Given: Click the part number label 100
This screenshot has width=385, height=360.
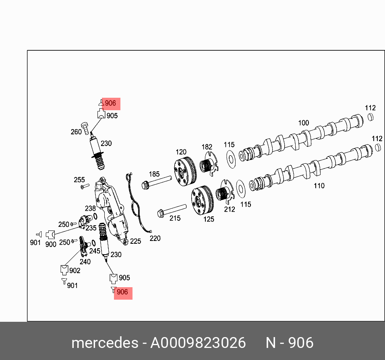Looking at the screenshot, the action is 303,123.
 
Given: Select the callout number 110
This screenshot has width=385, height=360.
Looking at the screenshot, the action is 319,186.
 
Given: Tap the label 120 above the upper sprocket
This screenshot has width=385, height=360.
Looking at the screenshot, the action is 181,152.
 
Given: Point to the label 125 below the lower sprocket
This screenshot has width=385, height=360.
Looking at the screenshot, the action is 209,219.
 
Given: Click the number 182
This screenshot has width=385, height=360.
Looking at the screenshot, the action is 207,147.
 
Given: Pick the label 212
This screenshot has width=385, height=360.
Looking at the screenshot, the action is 230,209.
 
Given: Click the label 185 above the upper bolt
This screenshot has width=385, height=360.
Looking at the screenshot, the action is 154,175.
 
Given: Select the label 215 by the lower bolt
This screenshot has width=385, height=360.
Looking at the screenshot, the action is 175,218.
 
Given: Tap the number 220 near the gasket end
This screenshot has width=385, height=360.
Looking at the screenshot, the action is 155,239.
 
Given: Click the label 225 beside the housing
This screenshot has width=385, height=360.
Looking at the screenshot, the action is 135,241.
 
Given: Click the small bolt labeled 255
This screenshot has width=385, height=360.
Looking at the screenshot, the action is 83,186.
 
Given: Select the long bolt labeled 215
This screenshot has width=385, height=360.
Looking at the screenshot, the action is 172,210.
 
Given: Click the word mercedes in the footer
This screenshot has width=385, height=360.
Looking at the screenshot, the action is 105,343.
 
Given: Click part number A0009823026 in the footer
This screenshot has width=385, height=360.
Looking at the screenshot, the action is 198,343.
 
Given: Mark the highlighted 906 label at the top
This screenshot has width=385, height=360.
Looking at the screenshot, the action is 110,103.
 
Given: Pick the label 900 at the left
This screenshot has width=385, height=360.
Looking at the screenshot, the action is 51,244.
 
